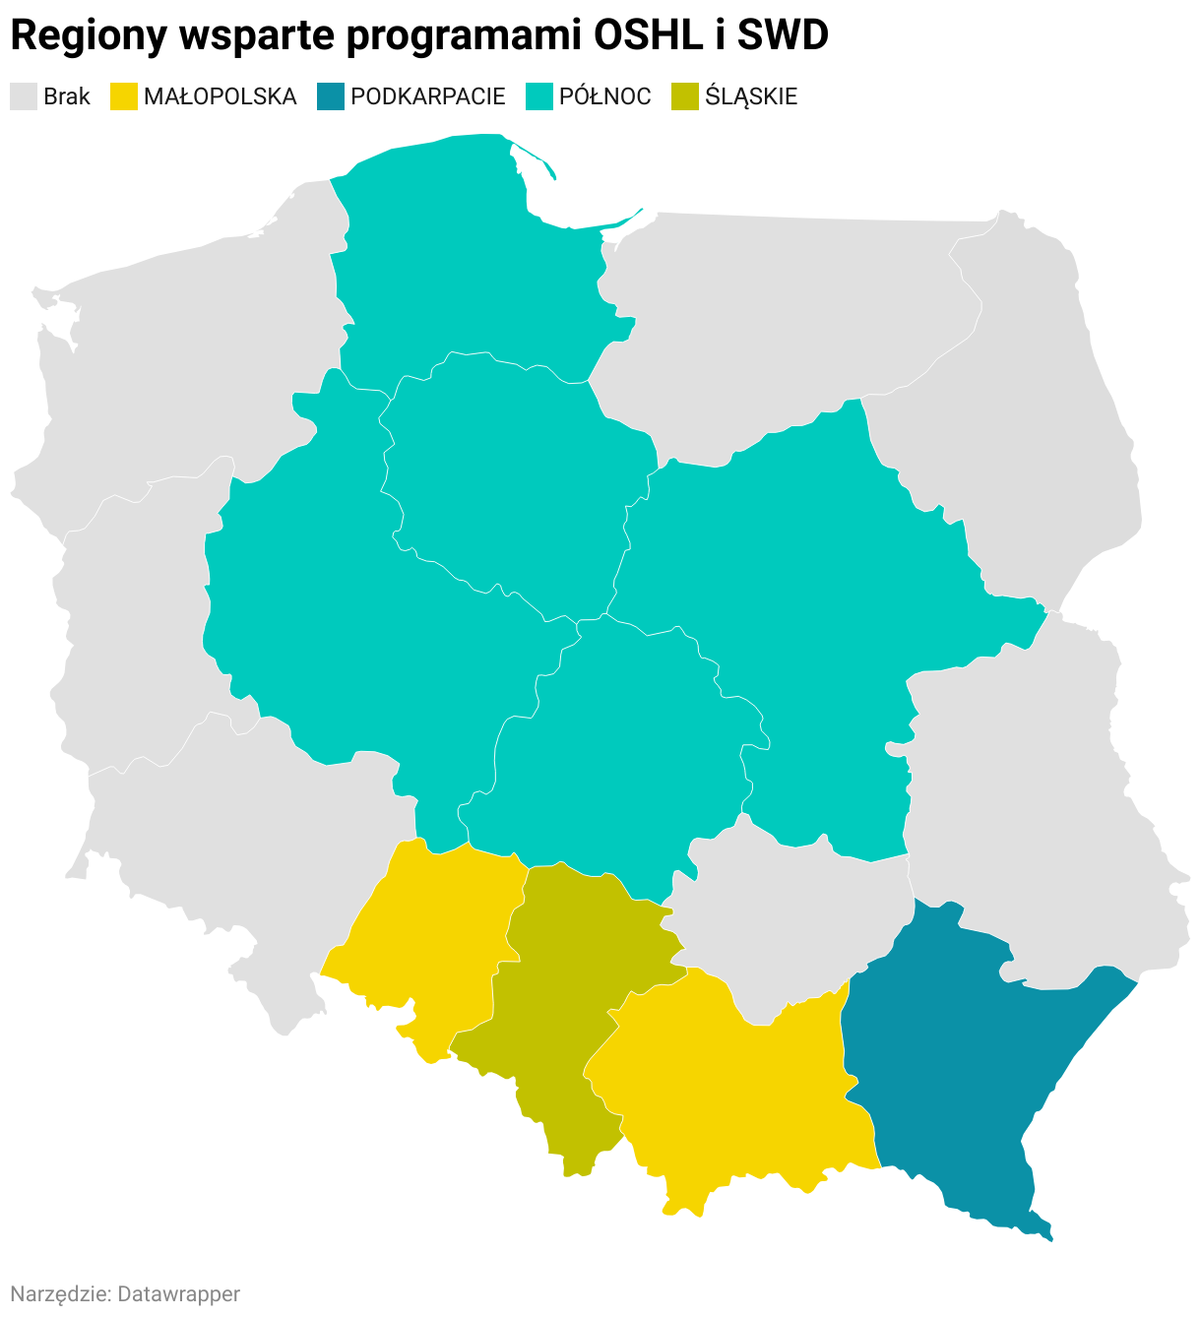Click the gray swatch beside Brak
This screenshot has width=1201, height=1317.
click(24, 96)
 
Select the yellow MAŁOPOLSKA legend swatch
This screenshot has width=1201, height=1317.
click(123, 96)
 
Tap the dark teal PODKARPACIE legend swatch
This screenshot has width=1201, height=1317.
click(331, 96)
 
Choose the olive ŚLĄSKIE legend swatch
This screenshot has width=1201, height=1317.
click(684, 96)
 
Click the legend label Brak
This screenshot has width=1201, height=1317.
click(67, 96)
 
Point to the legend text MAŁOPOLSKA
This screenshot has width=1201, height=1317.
click(220, 96)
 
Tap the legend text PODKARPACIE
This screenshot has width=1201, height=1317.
click(428, 96)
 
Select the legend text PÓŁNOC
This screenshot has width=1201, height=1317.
click(605, 96)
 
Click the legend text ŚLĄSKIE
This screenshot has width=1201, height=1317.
click(751, 96)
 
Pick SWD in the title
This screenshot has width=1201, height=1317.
click(783, 36)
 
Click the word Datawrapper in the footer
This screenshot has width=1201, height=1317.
click(178, 1293)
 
